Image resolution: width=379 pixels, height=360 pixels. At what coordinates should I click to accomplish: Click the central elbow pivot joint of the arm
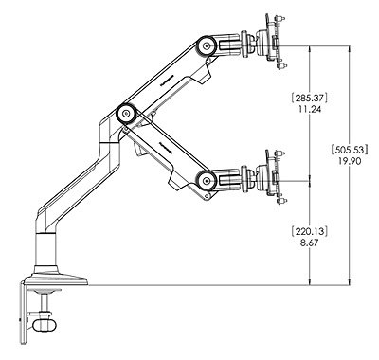pos(123,113)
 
